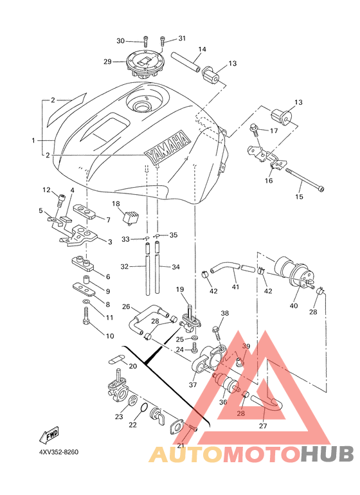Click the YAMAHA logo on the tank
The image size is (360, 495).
pos(166,147)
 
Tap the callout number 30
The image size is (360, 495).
pos(121,41)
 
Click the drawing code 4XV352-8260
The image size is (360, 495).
pos(59,452)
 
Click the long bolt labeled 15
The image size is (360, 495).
pos(305,179)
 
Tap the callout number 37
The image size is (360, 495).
pos(193,385)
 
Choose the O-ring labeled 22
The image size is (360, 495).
pos(143,408)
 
